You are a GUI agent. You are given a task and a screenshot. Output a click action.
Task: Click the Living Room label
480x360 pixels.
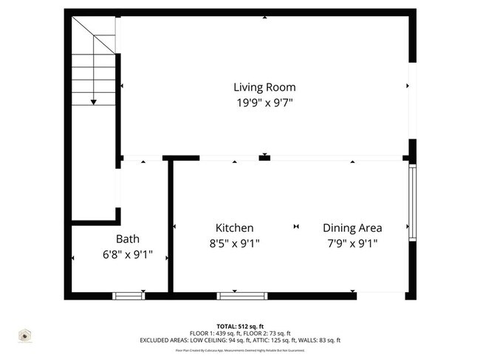(x=264, y=87)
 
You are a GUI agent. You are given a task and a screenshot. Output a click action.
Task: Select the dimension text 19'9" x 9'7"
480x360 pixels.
(x=264, y=103)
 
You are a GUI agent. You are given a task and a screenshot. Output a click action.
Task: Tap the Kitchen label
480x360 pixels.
(x=234, y=228)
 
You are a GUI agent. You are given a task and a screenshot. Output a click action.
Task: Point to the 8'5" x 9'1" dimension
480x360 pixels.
(x=234, y=243)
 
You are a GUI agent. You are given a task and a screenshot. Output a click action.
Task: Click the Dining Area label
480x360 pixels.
(x=352, y=228)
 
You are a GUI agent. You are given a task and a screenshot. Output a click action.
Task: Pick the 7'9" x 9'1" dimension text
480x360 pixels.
(x=352, y=243)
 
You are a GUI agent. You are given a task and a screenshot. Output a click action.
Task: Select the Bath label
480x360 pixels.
(x=127, y=239)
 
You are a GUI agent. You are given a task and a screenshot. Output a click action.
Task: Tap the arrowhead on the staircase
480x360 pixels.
(x=93, y=101)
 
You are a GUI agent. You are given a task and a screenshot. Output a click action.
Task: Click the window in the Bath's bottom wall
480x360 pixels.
(x=128, y=296)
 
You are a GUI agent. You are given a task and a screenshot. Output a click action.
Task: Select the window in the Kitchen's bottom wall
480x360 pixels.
(x=242, y=296)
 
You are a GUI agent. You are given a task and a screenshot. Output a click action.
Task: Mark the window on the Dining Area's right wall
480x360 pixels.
(x=413, y=202)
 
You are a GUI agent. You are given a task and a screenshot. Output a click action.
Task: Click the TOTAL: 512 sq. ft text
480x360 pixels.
(x=240, y=326)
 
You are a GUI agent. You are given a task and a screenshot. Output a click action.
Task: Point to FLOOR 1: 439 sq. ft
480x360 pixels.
(x=214, y=333)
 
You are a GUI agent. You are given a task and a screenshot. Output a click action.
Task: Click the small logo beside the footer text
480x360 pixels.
(x=25, y=336)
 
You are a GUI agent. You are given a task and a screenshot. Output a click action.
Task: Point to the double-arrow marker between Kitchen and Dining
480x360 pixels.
(x=297, y=226)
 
